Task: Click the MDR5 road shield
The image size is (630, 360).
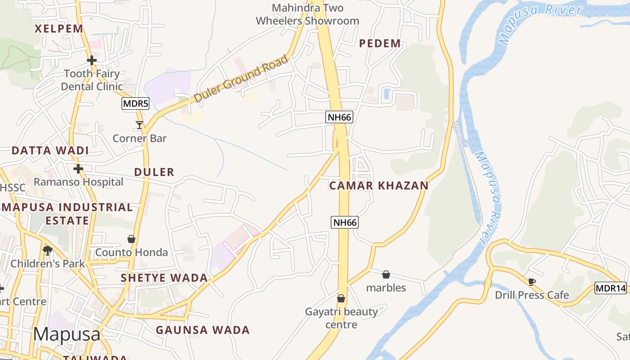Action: (135, 104)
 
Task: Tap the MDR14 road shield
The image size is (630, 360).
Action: (611, 288)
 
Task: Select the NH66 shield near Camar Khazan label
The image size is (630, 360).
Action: (345, 222)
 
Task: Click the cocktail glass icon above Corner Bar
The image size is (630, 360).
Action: (139, 125)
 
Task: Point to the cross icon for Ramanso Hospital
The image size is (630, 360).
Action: (78, 169)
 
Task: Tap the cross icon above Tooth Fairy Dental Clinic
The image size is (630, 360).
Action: (92, 60)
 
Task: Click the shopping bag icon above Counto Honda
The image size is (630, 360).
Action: (131, 239)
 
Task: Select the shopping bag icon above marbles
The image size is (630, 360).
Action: (386, 274)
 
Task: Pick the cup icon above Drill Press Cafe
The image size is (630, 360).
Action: (532, 282)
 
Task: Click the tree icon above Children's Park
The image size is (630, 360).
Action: (48, 250)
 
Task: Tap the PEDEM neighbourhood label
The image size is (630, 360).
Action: (380, 44)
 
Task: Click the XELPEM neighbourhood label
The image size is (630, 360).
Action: (59, 29)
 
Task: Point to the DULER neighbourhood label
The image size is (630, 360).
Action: (154, 172)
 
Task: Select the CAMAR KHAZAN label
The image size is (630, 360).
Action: (379, 186)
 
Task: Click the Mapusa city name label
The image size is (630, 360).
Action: (67, 334)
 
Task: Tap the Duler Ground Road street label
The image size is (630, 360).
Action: (241, 79)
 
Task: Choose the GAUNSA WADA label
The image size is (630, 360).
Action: (202, 330)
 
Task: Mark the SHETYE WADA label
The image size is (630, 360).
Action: (164, 278)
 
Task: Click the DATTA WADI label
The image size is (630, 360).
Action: (50, 151)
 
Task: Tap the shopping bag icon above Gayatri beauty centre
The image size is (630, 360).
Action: (341, 298)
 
